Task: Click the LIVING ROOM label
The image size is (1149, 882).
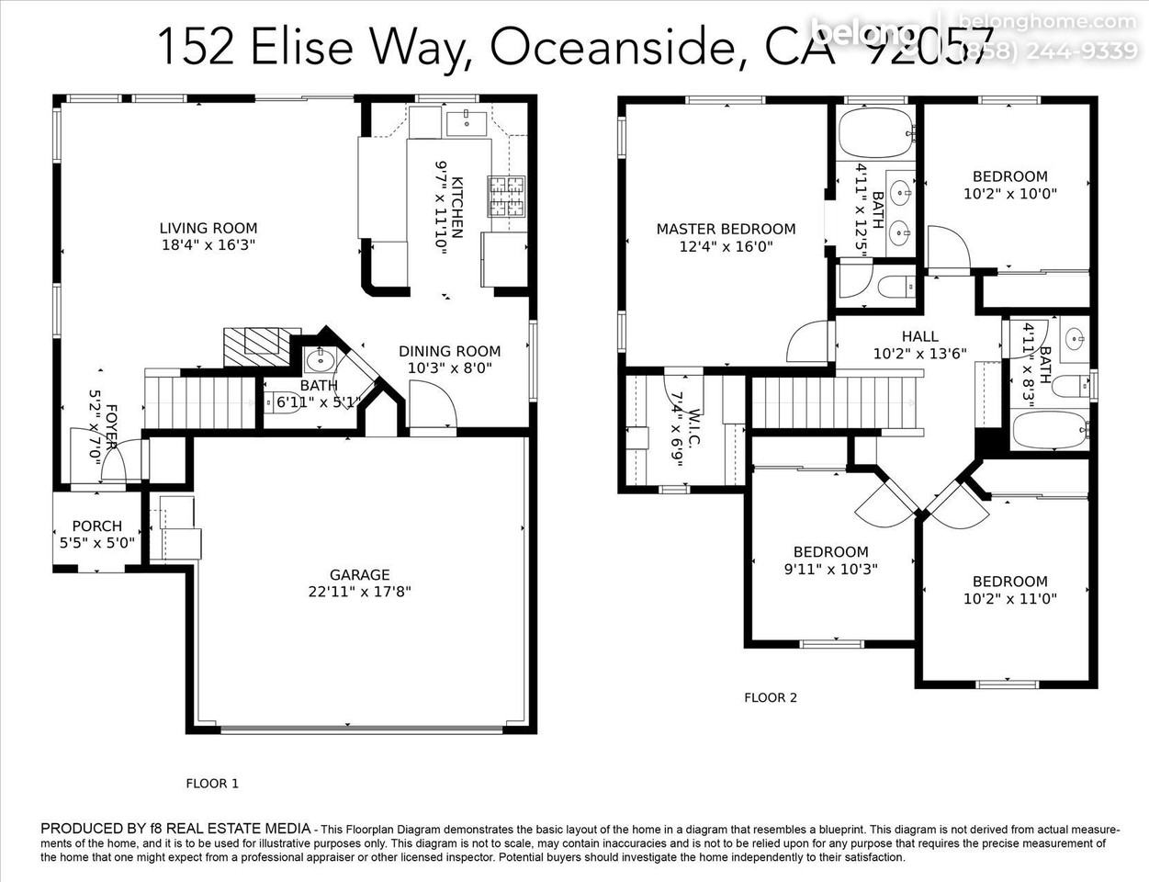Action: [x=208, y=228]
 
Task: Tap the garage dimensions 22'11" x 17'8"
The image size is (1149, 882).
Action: [x=360, y=593]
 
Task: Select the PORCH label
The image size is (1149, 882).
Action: [x=96, y=526]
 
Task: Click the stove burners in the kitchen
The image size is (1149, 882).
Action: [x=505, y=194]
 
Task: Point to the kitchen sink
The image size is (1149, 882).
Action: [x=467, y=120]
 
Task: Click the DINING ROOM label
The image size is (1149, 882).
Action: [x=449, y=351]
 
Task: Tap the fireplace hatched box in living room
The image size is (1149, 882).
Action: [x=262, y=346]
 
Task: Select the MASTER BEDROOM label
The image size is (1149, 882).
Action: [x=726, y=229]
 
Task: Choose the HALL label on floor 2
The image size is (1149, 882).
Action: [x=919, y=336]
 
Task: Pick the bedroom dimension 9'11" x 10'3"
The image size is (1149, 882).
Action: [x=830, y=569]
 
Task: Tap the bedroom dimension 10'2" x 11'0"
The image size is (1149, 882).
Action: [x=1010, y=598]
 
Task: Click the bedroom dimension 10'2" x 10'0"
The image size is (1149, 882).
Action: [x=1010, y=194]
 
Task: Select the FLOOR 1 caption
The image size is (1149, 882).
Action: [x=212, y=784]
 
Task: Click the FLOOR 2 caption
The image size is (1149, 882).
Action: [x=771, y=697]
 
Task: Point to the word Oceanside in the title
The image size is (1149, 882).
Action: [x=610, y=46]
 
